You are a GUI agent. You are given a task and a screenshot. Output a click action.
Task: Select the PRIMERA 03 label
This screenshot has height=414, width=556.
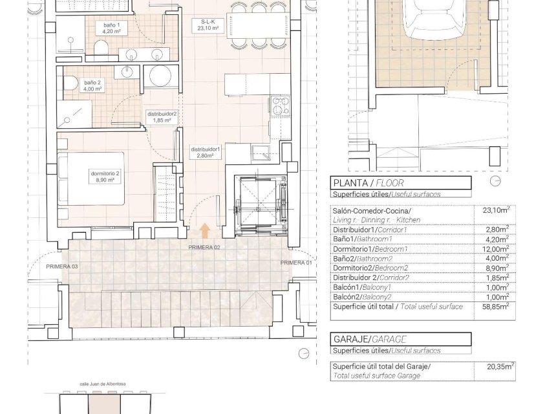tap(61, 267)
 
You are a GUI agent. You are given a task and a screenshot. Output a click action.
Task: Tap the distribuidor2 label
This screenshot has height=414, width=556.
tap(162, 116)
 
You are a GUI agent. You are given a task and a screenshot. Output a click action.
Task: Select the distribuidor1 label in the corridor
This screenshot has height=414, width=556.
tap(206, 153)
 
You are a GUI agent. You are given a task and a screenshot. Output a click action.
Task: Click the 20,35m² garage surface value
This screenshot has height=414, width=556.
tap(500, 366)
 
